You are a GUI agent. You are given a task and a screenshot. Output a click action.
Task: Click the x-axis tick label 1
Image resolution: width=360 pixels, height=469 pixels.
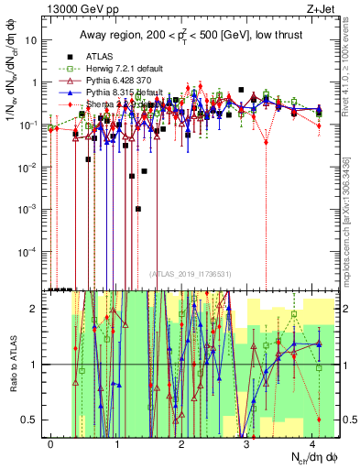[117, 443]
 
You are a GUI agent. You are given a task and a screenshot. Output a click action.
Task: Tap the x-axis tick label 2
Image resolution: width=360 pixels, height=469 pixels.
[182, 443]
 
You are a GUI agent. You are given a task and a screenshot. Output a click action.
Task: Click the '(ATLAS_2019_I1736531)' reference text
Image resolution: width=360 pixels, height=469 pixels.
[188, 274]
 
